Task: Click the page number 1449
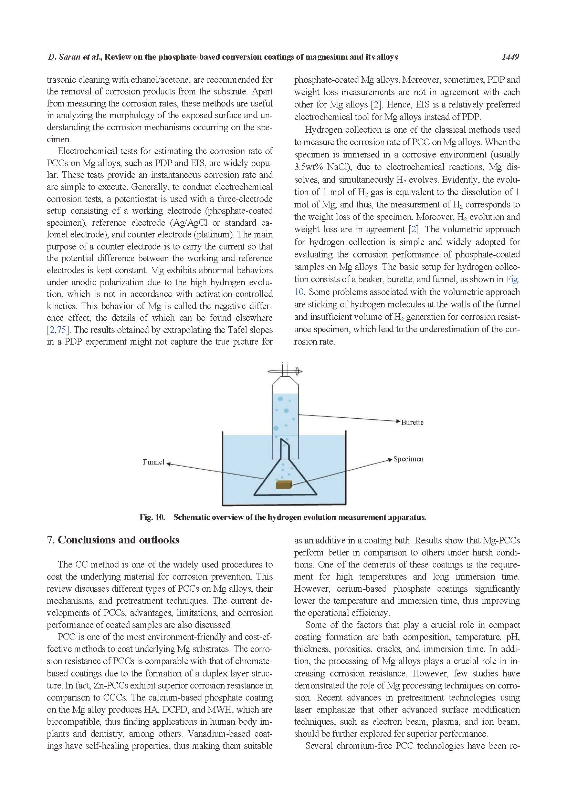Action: (510, 57)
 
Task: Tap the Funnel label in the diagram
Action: (153, 462)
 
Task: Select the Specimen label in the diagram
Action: (408, 459)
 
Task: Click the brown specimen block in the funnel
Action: (284, 484)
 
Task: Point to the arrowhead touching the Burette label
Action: (398, 421)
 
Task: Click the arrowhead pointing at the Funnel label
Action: (168, 464)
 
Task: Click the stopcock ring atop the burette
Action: (285, 371)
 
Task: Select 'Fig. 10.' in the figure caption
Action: (152, 518)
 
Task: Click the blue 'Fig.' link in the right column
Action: (512, 279)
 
